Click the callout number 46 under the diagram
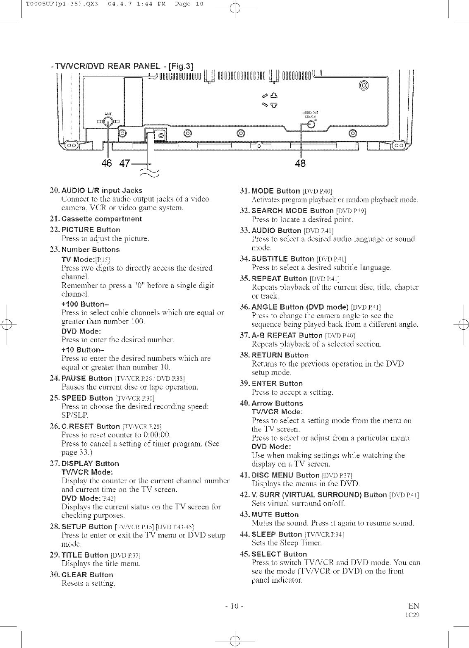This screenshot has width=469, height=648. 107,163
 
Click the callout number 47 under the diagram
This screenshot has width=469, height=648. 124,163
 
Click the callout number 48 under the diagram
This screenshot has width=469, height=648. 300,163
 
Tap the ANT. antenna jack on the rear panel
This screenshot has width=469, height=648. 108,122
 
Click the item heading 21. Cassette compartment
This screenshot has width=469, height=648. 96,218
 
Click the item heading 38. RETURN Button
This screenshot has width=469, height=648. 275,355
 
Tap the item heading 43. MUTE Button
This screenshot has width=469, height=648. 270,514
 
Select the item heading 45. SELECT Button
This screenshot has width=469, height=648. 274,554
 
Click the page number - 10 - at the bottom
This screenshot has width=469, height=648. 234,607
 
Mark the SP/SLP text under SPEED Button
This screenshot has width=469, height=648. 74,415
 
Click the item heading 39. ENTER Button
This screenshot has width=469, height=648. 272,383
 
